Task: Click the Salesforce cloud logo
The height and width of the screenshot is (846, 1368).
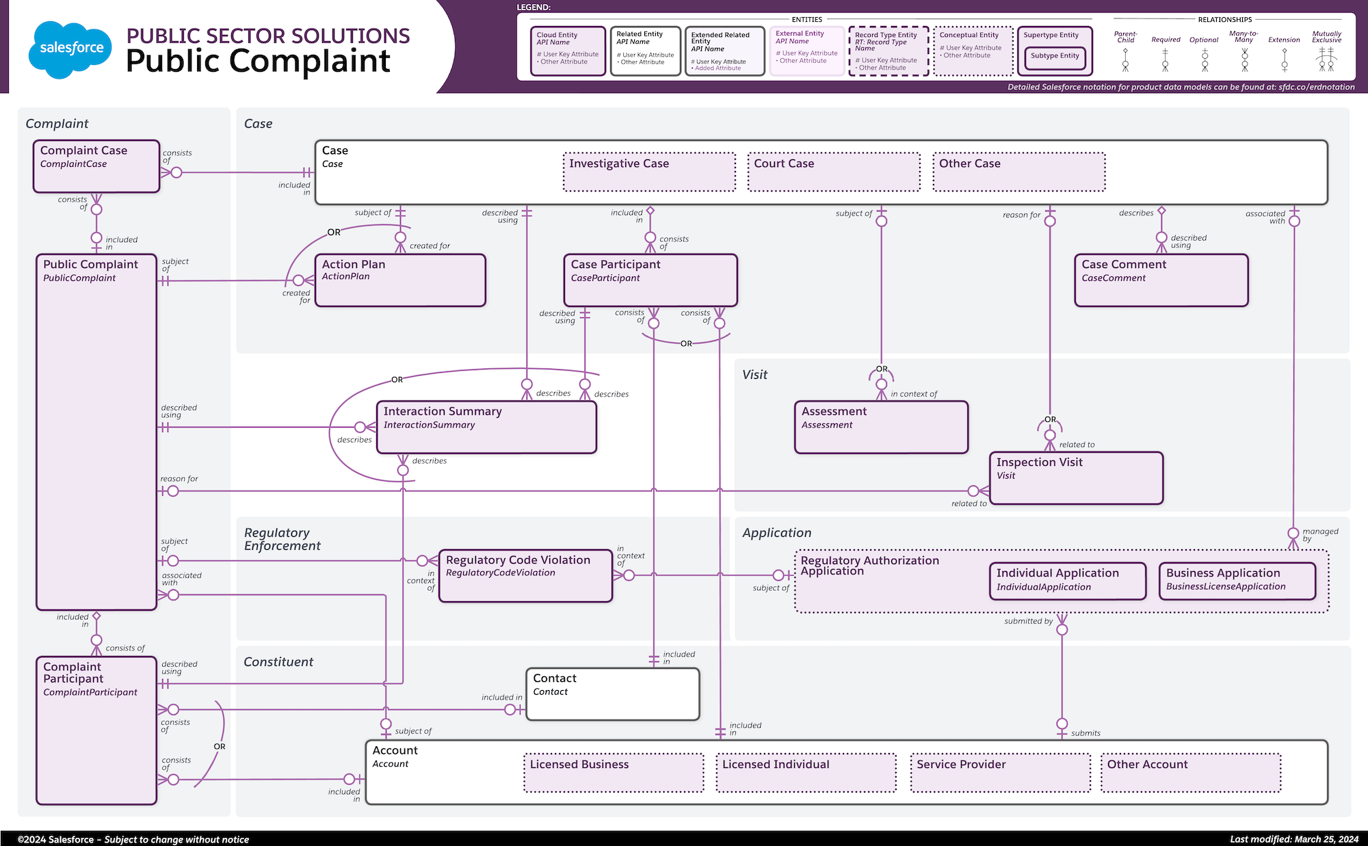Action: coord(70,49)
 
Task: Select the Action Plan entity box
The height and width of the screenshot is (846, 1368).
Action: coord(400,280)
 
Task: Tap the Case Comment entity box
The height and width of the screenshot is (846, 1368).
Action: coord(1161,280)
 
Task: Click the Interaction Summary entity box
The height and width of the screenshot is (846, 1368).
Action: coord(486,427)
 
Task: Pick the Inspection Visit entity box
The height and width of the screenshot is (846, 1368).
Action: coord(1076,477)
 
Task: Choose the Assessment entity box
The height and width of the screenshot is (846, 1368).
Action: coord(881,427)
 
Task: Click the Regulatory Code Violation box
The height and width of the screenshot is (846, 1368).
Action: coord(525,575)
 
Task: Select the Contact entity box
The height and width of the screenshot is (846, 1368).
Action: coord(613,693)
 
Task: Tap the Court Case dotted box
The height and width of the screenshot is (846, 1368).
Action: coord(834,172)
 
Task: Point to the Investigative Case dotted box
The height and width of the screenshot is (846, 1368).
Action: coord(649,172)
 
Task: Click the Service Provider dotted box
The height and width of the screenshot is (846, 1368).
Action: coord(1000,773)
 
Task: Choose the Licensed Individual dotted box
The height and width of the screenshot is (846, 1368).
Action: coord(806,773)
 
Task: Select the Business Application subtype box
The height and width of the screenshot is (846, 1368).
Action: coord(1237,581)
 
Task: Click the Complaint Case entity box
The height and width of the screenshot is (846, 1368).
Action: coord(96,166)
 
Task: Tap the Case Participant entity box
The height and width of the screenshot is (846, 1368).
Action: coord(650,280)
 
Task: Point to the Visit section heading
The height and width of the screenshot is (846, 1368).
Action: coord(754,375)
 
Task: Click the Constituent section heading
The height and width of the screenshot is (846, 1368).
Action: coord(278,662)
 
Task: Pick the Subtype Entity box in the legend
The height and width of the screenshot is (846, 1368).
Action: coord(1055,56)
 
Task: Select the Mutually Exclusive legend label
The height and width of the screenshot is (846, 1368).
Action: coord(1326,37)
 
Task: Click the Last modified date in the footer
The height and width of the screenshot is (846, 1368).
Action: coord(1294,839)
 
